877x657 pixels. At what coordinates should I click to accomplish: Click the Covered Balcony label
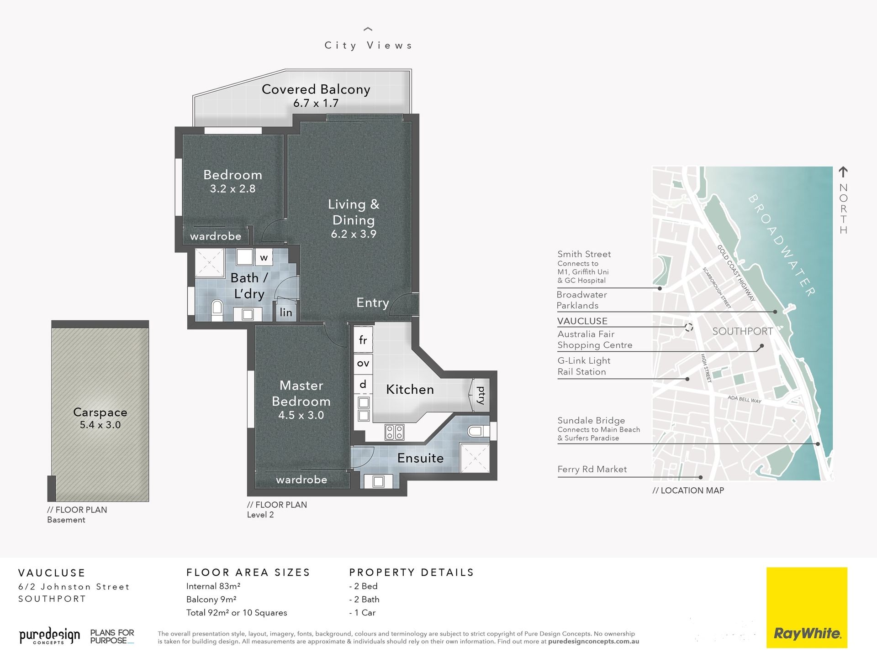click(316, 89)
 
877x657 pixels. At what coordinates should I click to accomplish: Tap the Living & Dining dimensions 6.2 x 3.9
click(354, 234)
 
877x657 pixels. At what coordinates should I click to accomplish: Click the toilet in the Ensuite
click(475, 430)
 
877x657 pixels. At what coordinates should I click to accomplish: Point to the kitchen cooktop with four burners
click(394, 432)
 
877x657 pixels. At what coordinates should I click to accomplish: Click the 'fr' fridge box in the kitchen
click(363, 339)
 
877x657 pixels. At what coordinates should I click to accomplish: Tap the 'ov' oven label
click(363, 363)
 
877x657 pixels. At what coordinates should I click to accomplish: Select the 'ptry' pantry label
click(481, 395)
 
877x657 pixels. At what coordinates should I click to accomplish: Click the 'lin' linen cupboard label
click(286, 313)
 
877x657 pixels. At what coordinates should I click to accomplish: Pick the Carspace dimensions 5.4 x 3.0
click(100, 425)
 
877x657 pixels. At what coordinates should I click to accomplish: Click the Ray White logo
click(807, 607)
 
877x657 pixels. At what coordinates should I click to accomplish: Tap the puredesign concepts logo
click(49, 636)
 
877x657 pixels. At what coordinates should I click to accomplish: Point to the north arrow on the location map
click(843, 172)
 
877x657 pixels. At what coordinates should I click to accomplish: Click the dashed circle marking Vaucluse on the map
click(689, 327)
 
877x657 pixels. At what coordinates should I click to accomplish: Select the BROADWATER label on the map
click(782, 245)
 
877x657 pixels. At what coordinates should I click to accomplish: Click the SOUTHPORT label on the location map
click(743, 331)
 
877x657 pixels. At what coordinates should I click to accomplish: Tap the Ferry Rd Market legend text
click(592, 469)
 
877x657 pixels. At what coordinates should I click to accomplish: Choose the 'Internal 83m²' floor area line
click(213, 586)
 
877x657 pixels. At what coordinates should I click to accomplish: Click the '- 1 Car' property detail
click(362, 613)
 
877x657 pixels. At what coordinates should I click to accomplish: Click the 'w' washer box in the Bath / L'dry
click(264, 257)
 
